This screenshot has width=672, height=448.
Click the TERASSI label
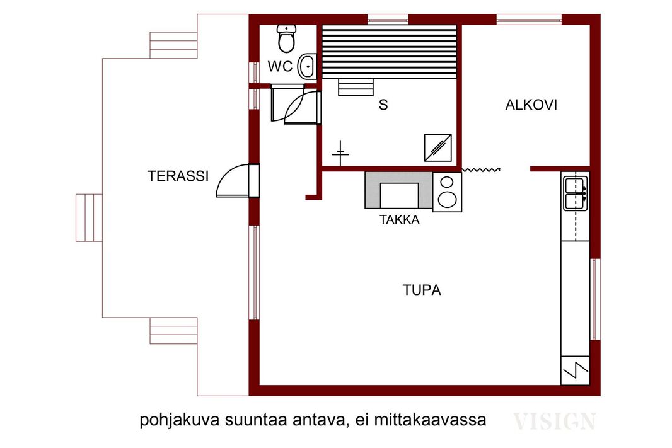pyautogui.click(x=178, y=176)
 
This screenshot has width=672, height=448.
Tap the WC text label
pyautogui.click(x=281, y=66)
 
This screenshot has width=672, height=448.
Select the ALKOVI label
pyautogui.click(x=531, y=105)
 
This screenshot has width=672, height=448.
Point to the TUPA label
pyautogui.click(x=422, y=290)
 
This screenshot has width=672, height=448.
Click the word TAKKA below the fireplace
pyautogui.click(x=400, y=220)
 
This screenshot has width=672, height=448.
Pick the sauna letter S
pyautogui.click(x=383, y=105)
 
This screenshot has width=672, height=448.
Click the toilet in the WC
pyautogui.click(x=286, y=38)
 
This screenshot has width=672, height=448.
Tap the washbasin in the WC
pyautogui.click(x=307, y=66)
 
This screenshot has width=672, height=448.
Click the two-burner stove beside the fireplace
pyautogui.click(x=447, y=192)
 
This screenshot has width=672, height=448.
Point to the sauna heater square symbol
pyautogui.click(x=437, y=148)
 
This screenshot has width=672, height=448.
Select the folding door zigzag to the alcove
pyautogui.click(x=481, y=170)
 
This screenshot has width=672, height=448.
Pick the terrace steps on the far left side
pyautogui.click(x=89, y=217)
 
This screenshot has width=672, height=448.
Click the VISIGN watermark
pyautogui.click(x=555, y=422)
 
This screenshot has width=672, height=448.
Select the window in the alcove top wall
pyautogui.click(x=529, y=20)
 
